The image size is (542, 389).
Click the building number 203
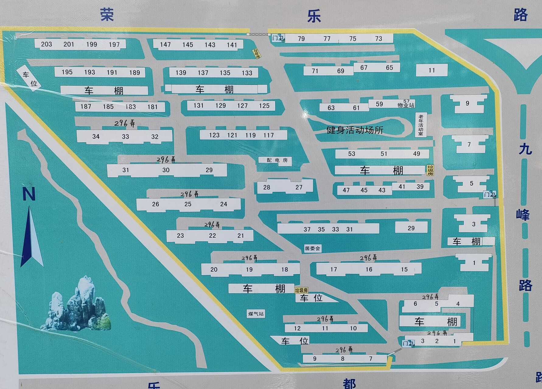(x=46, y=44)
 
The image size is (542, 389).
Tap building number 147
(x=165, y=45)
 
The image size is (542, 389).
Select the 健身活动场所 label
(x=355, y=130)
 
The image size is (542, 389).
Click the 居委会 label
(x=312, y=249)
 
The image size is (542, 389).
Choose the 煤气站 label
(x=256, y=314)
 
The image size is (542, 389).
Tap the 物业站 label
(x=406, y=105)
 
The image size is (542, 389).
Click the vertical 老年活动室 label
(x=421, y=125)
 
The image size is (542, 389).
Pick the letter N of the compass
(x=29, y=194)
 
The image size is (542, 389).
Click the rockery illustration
(x=78, y=305)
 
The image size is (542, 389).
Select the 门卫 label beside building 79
(x=278, y=38)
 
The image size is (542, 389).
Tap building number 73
(x=379, y=39)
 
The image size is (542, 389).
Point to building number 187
(x=86, y=107)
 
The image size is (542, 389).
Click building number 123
(x=214, y=135)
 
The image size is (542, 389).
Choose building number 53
(x=351, y=154)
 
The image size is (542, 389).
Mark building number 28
(x=267, y=188)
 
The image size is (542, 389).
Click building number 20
(x=214, y=270)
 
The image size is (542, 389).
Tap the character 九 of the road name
(x=525, y=149)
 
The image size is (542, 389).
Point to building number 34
(x=96, y=137)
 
